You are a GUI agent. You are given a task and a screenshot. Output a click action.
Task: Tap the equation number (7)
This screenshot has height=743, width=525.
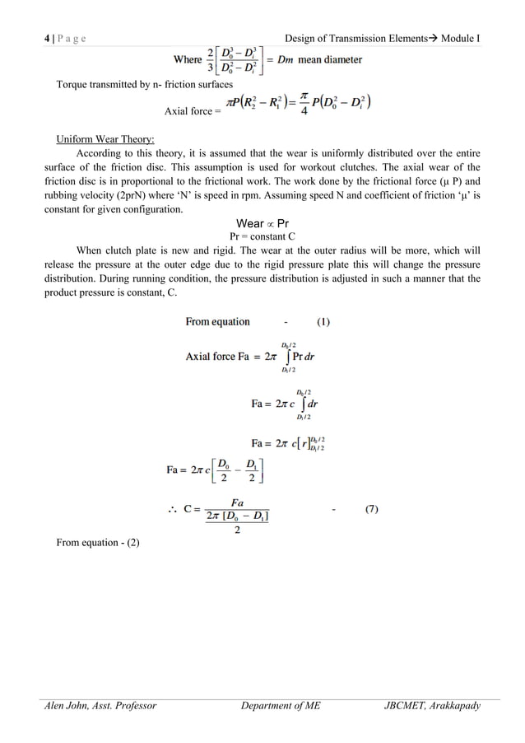[372, 509]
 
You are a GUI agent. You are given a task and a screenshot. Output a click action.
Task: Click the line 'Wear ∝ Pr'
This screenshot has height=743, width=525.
[262, 223]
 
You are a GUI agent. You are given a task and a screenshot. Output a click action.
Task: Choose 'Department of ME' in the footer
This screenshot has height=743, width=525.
[285, 706]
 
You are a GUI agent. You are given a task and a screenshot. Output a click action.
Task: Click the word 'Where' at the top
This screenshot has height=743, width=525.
[188, 60]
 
